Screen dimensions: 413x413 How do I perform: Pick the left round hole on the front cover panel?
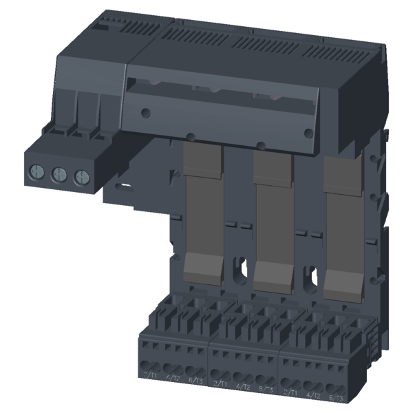(145, 111)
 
